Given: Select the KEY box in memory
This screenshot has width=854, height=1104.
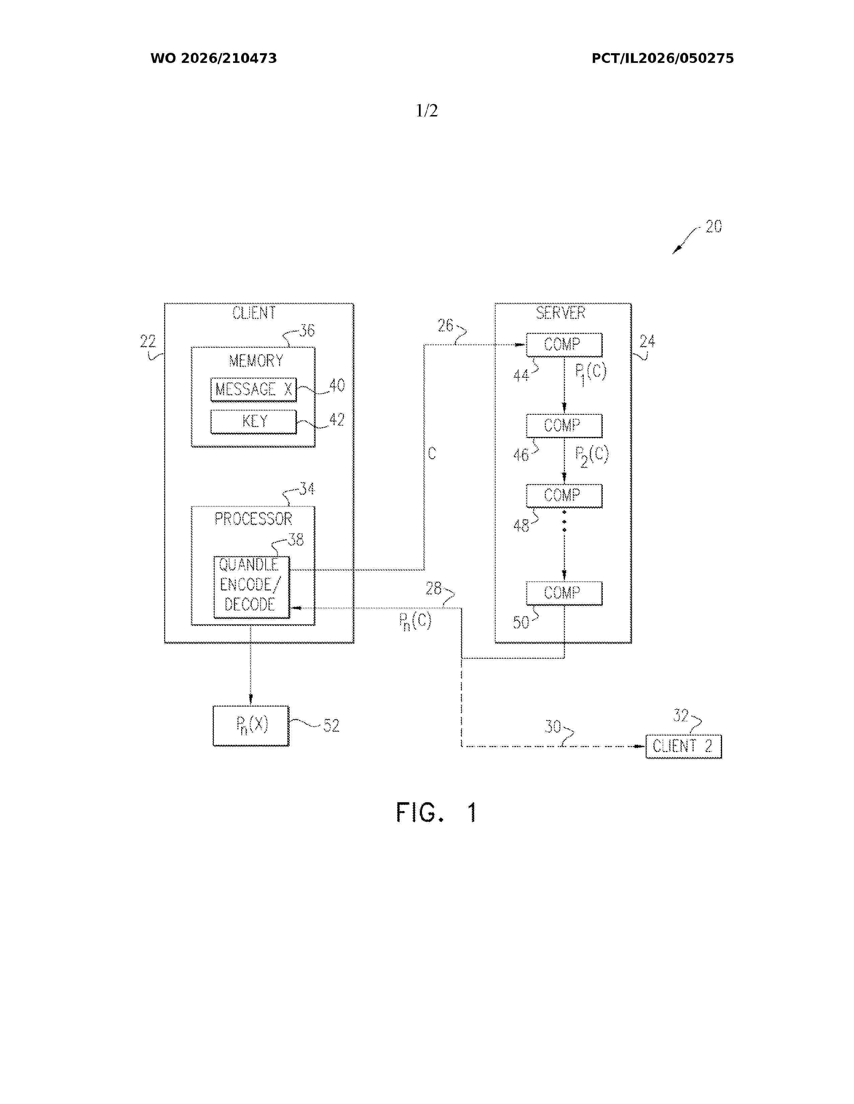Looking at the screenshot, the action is point(254,422).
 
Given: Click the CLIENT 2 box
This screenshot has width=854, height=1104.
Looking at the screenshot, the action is point(684,747).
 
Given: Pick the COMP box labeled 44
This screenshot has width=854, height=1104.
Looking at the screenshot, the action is point(564,345).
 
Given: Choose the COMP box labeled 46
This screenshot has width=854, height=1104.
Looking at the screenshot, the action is point(564,426).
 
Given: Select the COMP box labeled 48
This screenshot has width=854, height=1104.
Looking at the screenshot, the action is point(564,496).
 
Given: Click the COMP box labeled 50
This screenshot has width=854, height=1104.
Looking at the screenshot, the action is point(564,593).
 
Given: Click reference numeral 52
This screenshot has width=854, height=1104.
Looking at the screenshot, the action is point(331,726).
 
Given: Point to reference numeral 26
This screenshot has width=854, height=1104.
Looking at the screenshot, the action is point(445,326).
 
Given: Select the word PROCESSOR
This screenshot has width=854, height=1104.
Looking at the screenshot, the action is point(254,519).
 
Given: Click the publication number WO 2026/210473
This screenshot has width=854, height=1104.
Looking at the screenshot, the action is point(214,59).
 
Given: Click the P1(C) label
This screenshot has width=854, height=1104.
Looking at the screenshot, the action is point(590,374).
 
